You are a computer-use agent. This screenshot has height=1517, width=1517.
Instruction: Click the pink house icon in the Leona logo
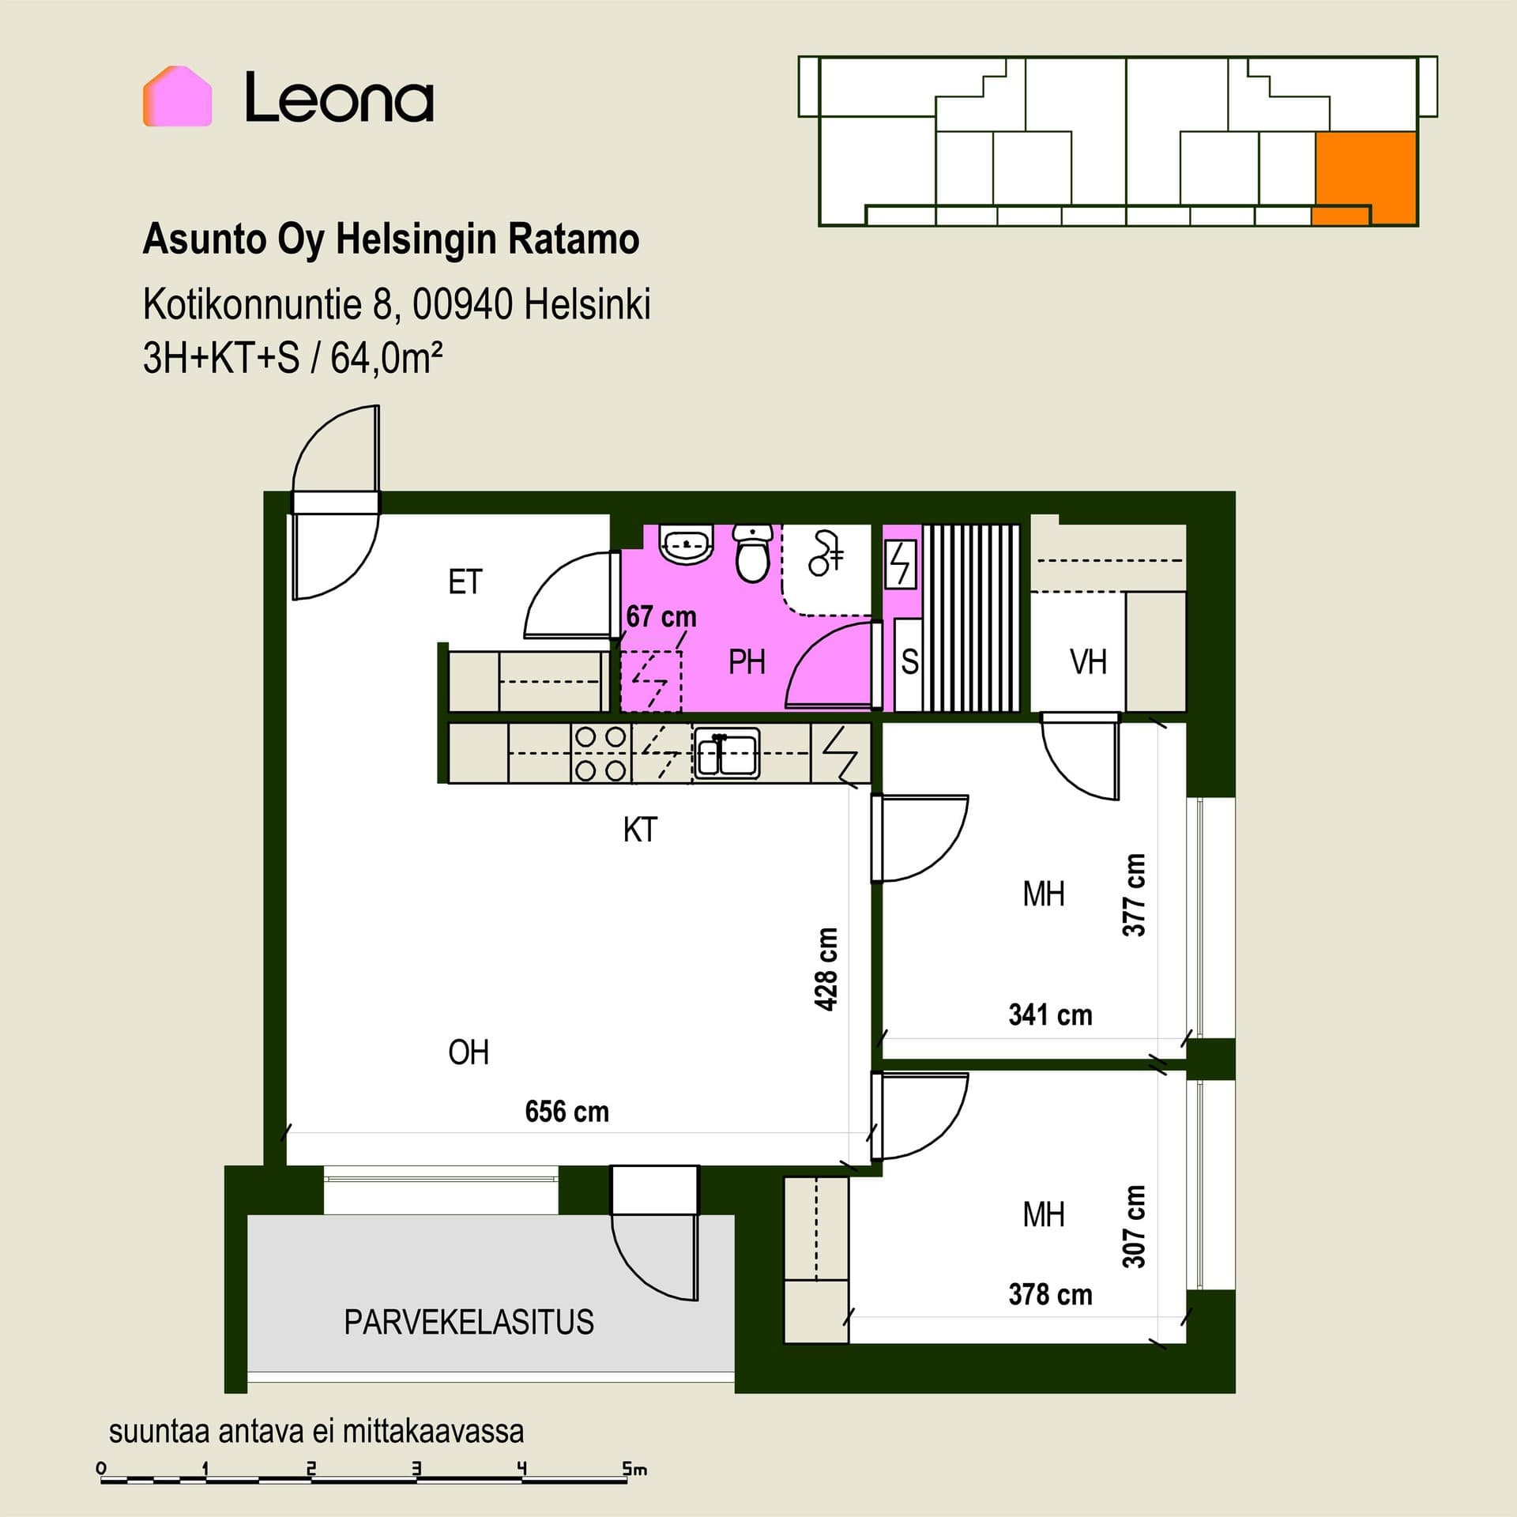click(x=177, y=96)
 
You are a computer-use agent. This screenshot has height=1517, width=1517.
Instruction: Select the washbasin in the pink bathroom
click(x=687, y=545)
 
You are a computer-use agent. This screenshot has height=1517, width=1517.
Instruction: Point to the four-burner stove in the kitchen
click(x=600, y=753)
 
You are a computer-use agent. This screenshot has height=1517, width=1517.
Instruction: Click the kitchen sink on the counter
click(x=727, y=753)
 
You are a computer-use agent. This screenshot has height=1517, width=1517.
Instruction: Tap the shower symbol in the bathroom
click(x=826, y=553)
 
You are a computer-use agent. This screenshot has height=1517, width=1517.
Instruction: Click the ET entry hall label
click(x=465, y=582)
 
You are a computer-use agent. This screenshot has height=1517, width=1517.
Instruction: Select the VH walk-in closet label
click(x=1088, y=662)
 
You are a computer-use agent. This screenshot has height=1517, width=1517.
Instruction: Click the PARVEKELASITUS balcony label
click(x=469, y=1322)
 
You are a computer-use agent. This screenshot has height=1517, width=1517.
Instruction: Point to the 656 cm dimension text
click(x=567, y=1112)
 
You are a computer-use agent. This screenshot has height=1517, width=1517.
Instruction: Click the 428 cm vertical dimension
click(x=826, y=969)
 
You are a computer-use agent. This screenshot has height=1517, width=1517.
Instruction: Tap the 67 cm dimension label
click(x=661, y=616)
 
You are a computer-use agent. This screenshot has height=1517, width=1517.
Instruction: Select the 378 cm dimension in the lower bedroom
click(x=1050, y=1294)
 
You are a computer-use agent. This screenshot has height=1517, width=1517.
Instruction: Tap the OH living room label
click(x=469, y=1052)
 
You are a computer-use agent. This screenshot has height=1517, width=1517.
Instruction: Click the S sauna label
click(x=909, y=662)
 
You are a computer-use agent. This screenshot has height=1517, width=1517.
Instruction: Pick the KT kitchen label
click(x=640, y=830)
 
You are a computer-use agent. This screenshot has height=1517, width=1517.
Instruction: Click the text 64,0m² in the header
click(x=386, y=358)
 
